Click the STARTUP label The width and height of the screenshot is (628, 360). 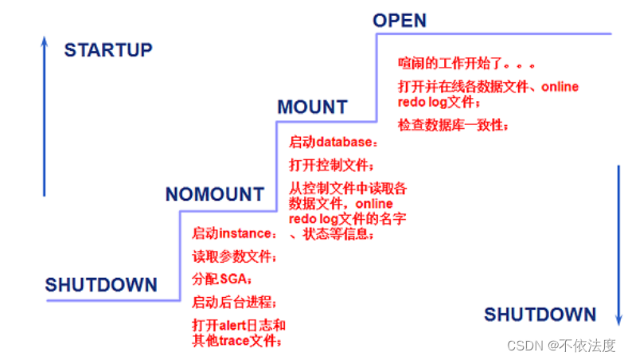107,51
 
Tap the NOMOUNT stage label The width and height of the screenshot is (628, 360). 214,194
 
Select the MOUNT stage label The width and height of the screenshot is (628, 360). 312,108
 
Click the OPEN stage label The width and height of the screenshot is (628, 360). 400,19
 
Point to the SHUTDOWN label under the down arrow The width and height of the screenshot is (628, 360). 540,314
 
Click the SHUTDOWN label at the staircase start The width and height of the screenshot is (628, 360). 101,285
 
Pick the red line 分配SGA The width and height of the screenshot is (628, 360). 222,280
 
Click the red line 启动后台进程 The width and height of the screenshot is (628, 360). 235,303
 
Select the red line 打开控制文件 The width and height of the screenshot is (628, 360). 330,166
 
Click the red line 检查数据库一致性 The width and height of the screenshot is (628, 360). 453,125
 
